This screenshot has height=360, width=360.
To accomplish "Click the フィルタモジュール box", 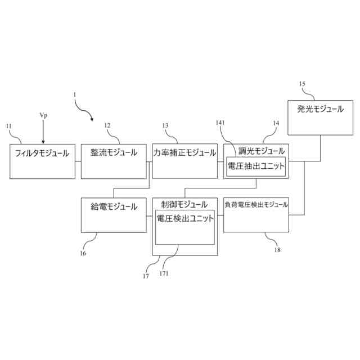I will pyautogui.click(x=42, y=161).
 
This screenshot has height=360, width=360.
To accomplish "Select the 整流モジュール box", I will pyautogui.click(x=113, y=161).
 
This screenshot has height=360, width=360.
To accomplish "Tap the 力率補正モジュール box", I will pyautogui.click(x=184, y=161).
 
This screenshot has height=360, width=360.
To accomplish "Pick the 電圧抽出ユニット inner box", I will pyautogui.click(x=256, y=166).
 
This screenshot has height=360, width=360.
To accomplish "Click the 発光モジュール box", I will pyautogui.click(x=321, y=118).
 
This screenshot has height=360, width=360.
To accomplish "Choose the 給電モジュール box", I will pyautogui.click(x=113, y=215).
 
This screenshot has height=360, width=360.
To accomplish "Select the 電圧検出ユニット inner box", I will pyautogui.click(x=184, y=227).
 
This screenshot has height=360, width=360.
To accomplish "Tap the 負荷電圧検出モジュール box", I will pyautogui.click(x=256, y=215).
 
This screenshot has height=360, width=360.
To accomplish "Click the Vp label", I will pyautogui.click(x=43, y=115).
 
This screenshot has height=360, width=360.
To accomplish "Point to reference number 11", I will pyautogui.click(x=8, y=126).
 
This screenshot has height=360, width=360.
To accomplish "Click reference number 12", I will pyautogui.click(x=107, y=125).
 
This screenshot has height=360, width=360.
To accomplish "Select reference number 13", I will pyautogui.click(x=165, y=125).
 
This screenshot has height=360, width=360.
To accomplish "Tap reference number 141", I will pyautogui.click(x=220, y=123).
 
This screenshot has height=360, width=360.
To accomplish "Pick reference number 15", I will pyautogui.click(x=302, y=84).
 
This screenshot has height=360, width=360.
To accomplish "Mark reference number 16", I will pyautogui.click(x=83, y=254).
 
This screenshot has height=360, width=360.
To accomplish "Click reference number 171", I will pyautogui.click(x=164, y=273).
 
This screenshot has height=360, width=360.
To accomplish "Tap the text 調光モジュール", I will pyautogui.click(x=262, y=151).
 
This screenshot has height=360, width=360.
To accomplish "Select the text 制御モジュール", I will pyautogui.click(x=184, y=204).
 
